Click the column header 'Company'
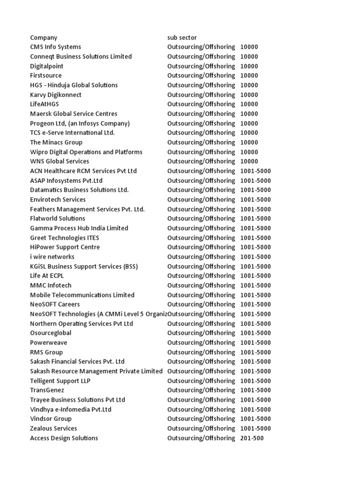click(44, 37)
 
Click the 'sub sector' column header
click(182, 37)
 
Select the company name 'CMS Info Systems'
click(55, 47)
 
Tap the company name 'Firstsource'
click(46, 75)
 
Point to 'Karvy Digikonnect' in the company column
click(56, 95)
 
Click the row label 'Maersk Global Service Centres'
click(74, 114)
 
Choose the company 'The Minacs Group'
click(56, 142)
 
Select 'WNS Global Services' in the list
click(60, 161)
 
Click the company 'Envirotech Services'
click(58, 200)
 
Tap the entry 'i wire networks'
click(52, 257)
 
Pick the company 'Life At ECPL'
click(47, 276)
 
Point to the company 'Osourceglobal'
click(51, 333)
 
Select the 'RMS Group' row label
click(46, 352)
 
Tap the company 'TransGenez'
click(47, 390)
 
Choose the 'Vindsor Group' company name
click(51, 419)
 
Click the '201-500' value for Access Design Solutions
click(252, 438)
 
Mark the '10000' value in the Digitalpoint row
click(249, 66)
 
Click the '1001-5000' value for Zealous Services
click(255, 428)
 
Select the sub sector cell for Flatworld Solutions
click(201, 218)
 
